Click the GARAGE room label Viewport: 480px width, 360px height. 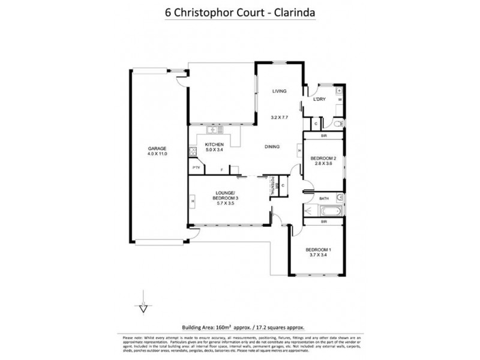point(157,148)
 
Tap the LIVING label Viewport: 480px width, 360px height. point(279,91)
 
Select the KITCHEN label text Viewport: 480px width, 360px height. point(214,145)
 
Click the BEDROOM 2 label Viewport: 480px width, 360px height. point(323,158)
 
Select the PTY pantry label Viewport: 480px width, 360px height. point(196,168)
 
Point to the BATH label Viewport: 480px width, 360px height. point(324,198)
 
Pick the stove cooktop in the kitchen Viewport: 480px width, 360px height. point(193,151)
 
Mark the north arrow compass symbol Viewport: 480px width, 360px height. point(143,306)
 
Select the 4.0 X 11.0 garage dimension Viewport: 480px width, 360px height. point(157,154)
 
